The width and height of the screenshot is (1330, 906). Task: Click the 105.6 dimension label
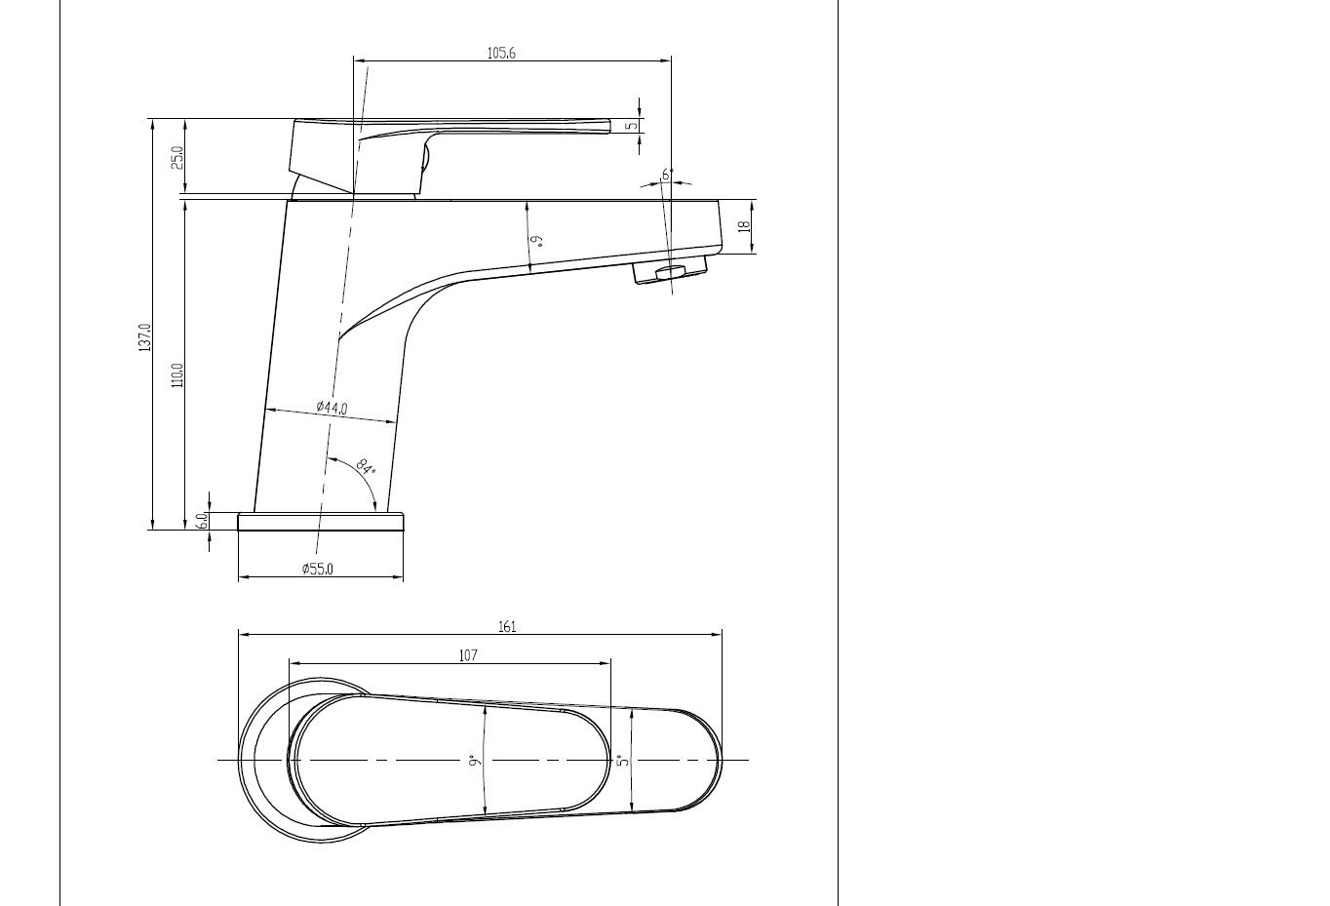point(500,53)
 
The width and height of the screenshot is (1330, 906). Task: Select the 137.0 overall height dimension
point(144,337)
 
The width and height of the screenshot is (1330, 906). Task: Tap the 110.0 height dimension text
point(177,374)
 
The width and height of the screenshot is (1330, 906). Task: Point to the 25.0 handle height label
point(177,157)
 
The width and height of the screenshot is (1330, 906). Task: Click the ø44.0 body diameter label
point(332,408)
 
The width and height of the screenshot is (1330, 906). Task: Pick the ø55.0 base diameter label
point(317,569)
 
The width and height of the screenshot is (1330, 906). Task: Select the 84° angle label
point(365,465)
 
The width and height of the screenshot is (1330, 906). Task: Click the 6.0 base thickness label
point(203,521)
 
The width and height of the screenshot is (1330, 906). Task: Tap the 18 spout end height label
point(744,226)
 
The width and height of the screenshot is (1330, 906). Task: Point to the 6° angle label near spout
point(667,175)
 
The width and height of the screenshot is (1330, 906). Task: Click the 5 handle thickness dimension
point(632,125)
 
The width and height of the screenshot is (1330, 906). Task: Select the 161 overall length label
point(507,627)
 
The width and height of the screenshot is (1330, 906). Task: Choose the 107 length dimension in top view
point(468,655)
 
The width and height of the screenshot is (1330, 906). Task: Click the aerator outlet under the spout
point(669,273)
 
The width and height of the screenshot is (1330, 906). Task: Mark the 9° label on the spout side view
point(535,238)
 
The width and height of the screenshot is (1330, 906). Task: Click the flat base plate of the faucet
point(320,522)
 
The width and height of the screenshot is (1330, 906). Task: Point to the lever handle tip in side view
point(605,125)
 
